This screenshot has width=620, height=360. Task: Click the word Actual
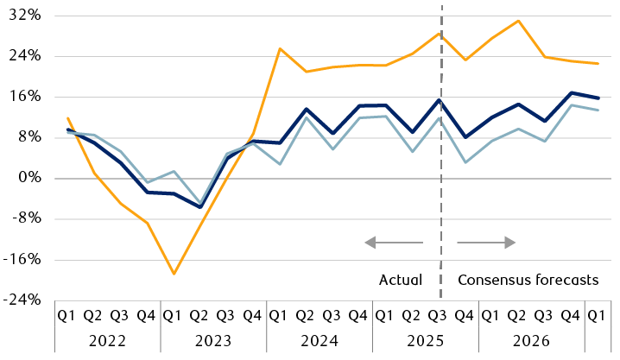click(x=401, y=280)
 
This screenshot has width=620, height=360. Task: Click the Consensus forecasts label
click(x=528, y=280)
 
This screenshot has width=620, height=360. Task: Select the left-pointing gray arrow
click(x=394, y=243)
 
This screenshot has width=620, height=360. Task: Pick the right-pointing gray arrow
click(x=486, y=243)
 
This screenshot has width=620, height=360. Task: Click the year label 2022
click(x=107, y=340)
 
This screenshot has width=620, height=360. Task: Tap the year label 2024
click(x=319, y=340)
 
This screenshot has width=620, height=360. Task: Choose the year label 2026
click(x=531, y=340)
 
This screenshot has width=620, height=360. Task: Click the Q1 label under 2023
click(x=174, y=315)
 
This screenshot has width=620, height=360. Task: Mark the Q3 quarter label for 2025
click(x=439, y=315)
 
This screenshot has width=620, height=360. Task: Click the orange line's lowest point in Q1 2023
click(x=174, y=274)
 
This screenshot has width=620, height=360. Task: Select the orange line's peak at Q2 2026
click(x=518, y=21)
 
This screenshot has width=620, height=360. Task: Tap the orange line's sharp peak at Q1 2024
click(x=280, y=48)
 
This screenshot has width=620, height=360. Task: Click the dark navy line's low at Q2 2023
click(x=200, y=207)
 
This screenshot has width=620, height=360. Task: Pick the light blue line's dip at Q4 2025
click(x=465, y=162)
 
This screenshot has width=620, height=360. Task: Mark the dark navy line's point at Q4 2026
click(x=571, y=92)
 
